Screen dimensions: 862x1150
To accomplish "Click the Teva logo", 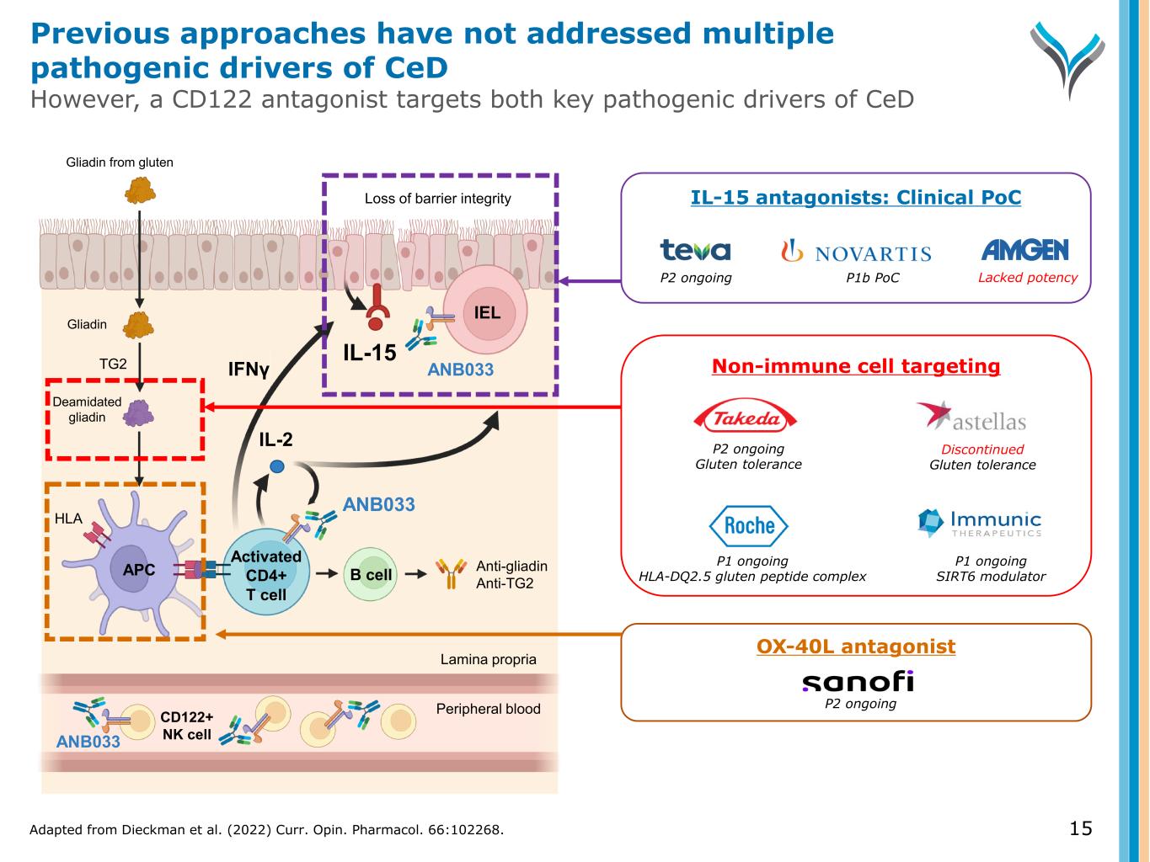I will click(695, 250).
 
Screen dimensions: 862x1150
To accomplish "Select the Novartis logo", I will click(856, 252).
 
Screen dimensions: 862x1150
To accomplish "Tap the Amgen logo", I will click(1024, 250).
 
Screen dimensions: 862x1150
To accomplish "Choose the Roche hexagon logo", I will click(748, 526).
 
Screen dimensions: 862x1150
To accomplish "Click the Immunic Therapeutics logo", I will click(980, 523).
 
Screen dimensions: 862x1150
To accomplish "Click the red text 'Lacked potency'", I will click(1027, 278).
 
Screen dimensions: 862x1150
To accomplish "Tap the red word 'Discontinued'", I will click(982, 450).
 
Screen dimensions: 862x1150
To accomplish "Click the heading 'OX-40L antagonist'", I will click(856, 646).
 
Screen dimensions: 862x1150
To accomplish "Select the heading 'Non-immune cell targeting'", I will click(856, 366).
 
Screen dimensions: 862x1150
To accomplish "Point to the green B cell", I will click(371, 575).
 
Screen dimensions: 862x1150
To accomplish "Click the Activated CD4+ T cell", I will click(266, 576).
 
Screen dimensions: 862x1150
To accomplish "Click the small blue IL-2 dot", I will click(277, 466).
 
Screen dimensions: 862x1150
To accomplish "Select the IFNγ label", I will click(249, 369).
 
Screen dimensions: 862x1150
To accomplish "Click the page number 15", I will click(1080, 829).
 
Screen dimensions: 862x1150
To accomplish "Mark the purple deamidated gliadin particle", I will click(138, 413).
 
